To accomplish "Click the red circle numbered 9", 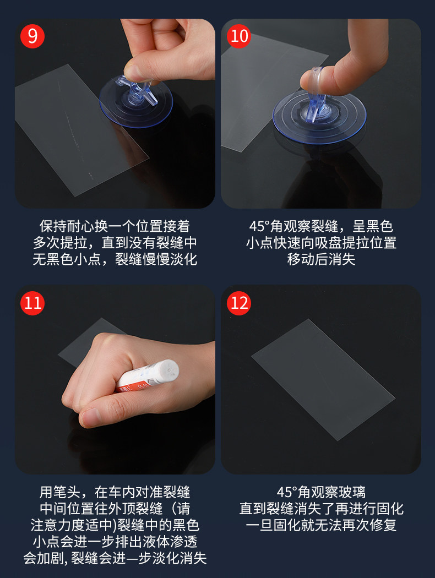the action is pyautogui.click(x=32, y=36).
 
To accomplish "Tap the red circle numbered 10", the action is pyautogui.click(x=239, y=36).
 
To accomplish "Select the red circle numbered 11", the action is pyautogui.click(x=32, y=303).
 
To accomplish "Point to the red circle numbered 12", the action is pyautogui.click(x=239, y=303).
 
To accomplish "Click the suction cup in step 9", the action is pyautogui.click(x=135, y=101).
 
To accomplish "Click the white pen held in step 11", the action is pyautogui.click(x=148, y=376).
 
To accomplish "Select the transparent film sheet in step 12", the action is pyautogui.click(x=323, y=380).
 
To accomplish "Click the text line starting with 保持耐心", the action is pyautogui.click(x=115, y=226).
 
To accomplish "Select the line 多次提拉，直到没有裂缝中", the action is pyautogui.click(x=115, y=243).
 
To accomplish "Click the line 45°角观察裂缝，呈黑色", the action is pyautogui.click(x=321, y=226).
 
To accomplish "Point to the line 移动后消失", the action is pyautogui.click(x=321, y=259).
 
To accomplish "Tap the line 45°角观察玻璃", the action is pyautogui.click(x=321, y=492).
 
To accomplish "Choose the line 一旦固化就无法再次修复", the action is pyautogui.click(x=321, y=525).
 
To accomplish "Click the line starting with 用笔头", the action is pyautogui.click(x=115, y=492).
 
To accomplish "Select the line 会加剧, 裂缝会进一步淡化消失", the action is pyautogui.click(x=115, y=558).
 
